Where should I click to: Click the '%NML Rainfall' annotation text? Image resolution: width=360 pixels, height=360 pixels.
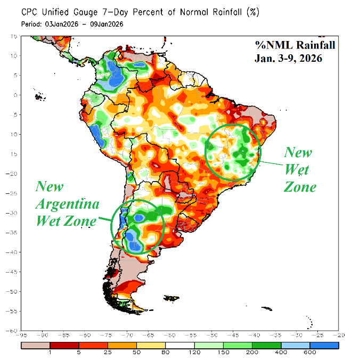288,45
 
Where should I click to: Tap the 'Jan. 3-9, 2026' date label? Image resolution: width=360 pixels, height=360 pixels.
288,59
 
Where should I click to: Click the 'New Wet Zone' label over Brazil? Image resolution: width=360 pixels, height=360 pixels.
299,169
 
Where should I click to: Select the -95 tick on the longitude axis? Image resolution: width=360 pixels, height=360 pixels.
22,336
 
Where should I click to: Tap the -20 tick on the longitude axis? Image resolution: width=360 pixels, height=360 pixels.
337,336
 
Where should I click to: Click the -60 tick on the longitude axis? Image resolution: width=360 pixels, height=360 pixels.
169,336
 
